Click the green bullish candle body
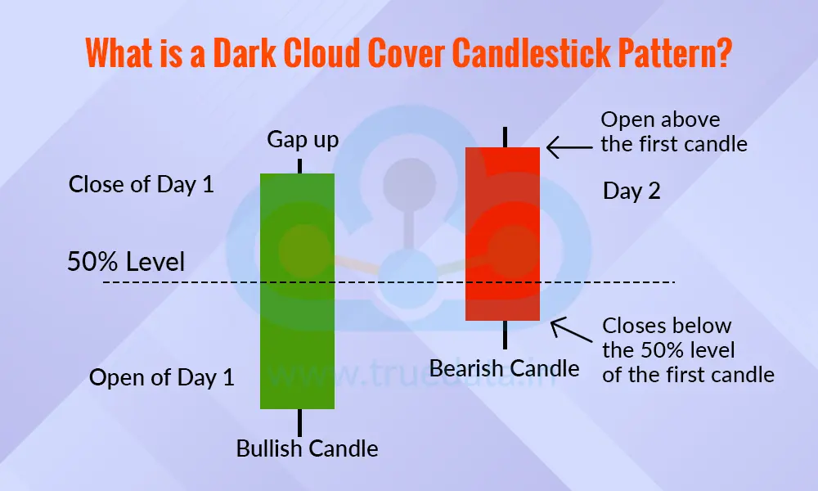click(297, 291)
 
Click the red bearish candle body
click(502, 233)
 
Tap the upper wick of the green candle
click(300, 165)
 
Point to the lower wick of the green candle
click(300, 422)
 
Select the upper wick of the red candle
click(506, 137)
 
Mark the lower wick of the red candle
click(506, 334)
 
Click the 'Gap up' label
click(303, 140)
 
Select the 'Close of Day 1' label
click(141, 184)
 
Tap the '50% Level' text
click(126, 262)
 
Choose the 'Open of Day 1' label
click(161, 377)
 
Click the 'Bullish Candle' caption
click(307, 448)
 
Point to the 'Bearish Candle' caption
click(504, 368)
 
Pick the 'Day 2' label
click(631, 191)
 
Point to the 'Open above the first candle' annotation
click(674, 132)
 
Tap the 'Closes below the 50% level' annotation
click(687, 350)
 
